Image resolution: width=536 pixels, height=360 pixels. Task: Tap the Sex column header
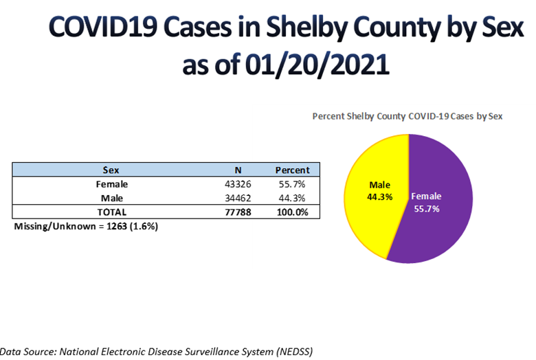point(111,170)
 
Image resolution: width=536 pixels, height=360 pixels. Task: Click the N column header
point(238,170)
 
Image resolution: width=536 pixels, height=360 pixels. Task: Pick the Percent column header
point(292,170)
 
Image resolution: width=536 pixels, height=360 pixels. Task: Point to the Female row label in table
point(111,184)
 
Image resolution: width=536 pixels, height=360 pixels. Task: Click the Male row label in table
point(111,198)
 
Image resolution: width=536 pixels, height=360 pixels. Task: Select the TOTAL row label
point(111,212)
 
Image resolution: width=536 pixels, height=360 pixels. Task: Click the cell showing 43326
point(238,184)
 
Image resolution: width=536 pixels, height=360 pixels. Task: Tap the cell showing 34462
point(238,198)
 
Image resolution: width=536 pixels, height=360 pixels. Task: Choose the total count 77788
point(238,212)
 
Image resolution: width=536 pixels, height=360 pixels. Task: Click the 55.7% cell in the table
point(292,184)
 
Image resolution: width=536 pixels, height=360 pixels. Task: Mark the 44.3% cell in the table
point(292,198)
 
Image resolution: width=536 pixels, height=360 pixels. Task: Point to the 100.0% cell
point(292,212)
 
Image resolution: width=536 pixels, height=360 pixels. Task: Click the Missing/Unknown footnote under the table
point(86,226)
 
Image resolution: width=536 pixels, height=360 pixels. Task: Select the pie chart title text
point(407,116)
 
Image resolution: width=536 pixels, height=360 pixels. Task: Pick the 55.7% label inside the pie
point(425,208)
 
